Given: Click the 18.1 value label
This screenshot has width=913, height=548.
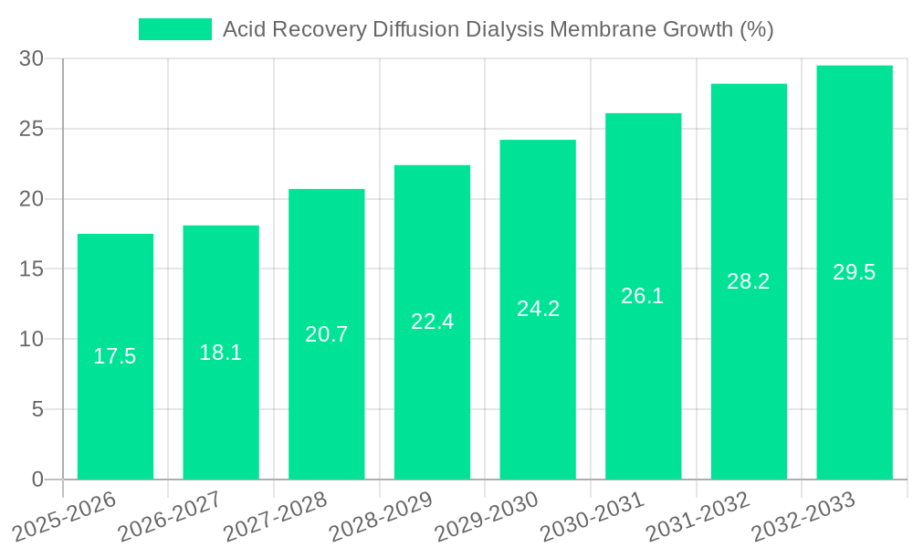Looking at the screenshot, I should tap(221, 353).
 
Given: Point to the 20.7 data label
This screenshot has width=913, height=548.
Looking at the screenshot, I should tap(327, 334).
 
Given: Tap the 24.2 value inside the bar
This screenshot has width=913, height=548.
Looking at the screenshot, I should tap(538, 309).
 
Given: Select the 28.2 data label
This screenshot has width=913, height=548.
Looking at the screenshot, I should tap(749, 281).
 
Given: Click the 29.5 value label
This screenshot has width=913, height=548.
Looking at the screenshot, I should tap(855, 272).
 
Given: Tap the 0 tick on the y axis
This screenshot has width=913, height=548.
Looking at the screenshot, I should tap(37, 479).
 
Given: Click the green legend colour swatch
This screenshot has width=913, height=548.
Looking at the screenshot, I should tap(175, 29).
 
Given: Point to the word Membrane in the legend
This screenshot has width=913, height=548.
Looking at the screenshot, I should tap(582, 29).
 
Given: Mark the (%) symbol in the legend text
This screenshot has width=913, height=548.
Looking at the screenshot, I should tap(757, 29).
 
